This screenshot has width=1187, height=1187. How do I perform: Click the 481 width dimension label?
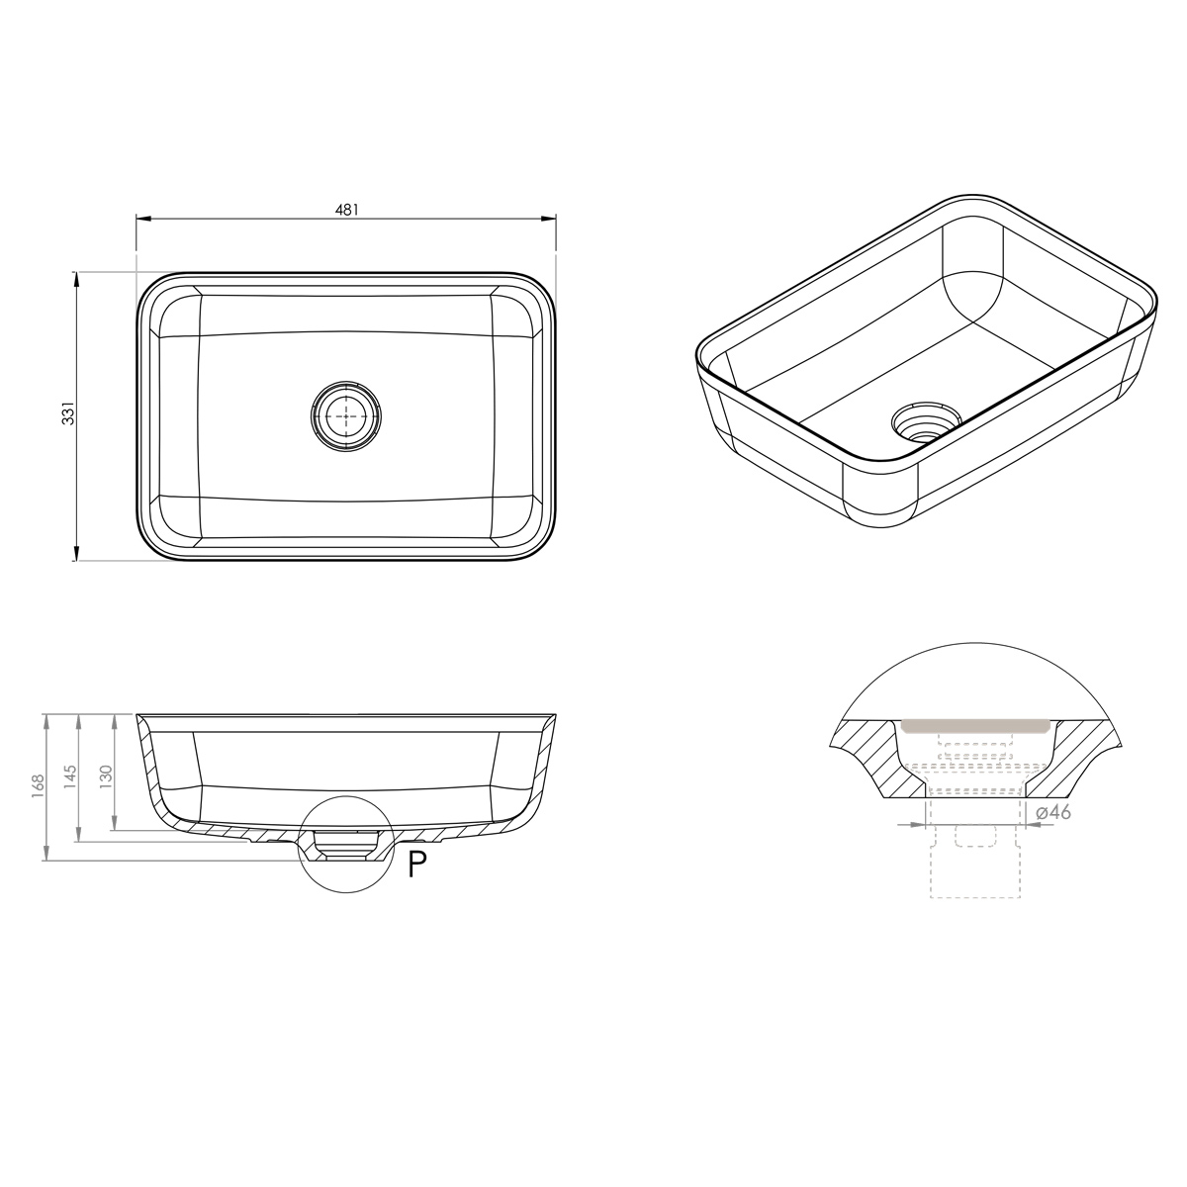coord(347,210)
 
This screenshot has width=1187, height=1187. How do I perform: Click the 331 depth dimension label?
coord(68,412)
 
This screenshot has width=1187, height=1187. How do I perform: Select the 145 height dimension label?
coord(69,776)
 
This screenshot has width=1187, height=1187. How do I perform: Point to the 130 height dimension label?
coord(105,776)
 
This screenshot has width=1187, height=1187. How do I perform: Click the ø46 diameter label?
coord(1052,812)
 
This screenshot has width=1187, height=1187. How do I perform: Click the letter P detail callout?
coord(417,864)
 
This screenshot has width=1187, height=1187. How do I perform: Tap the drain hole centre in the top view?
coord(345,415)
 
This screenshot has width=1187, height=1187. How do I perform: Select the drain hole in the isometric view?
coord(927,421)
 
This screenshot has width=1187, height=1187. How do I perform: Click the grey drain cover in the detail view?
coord(974,725)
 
